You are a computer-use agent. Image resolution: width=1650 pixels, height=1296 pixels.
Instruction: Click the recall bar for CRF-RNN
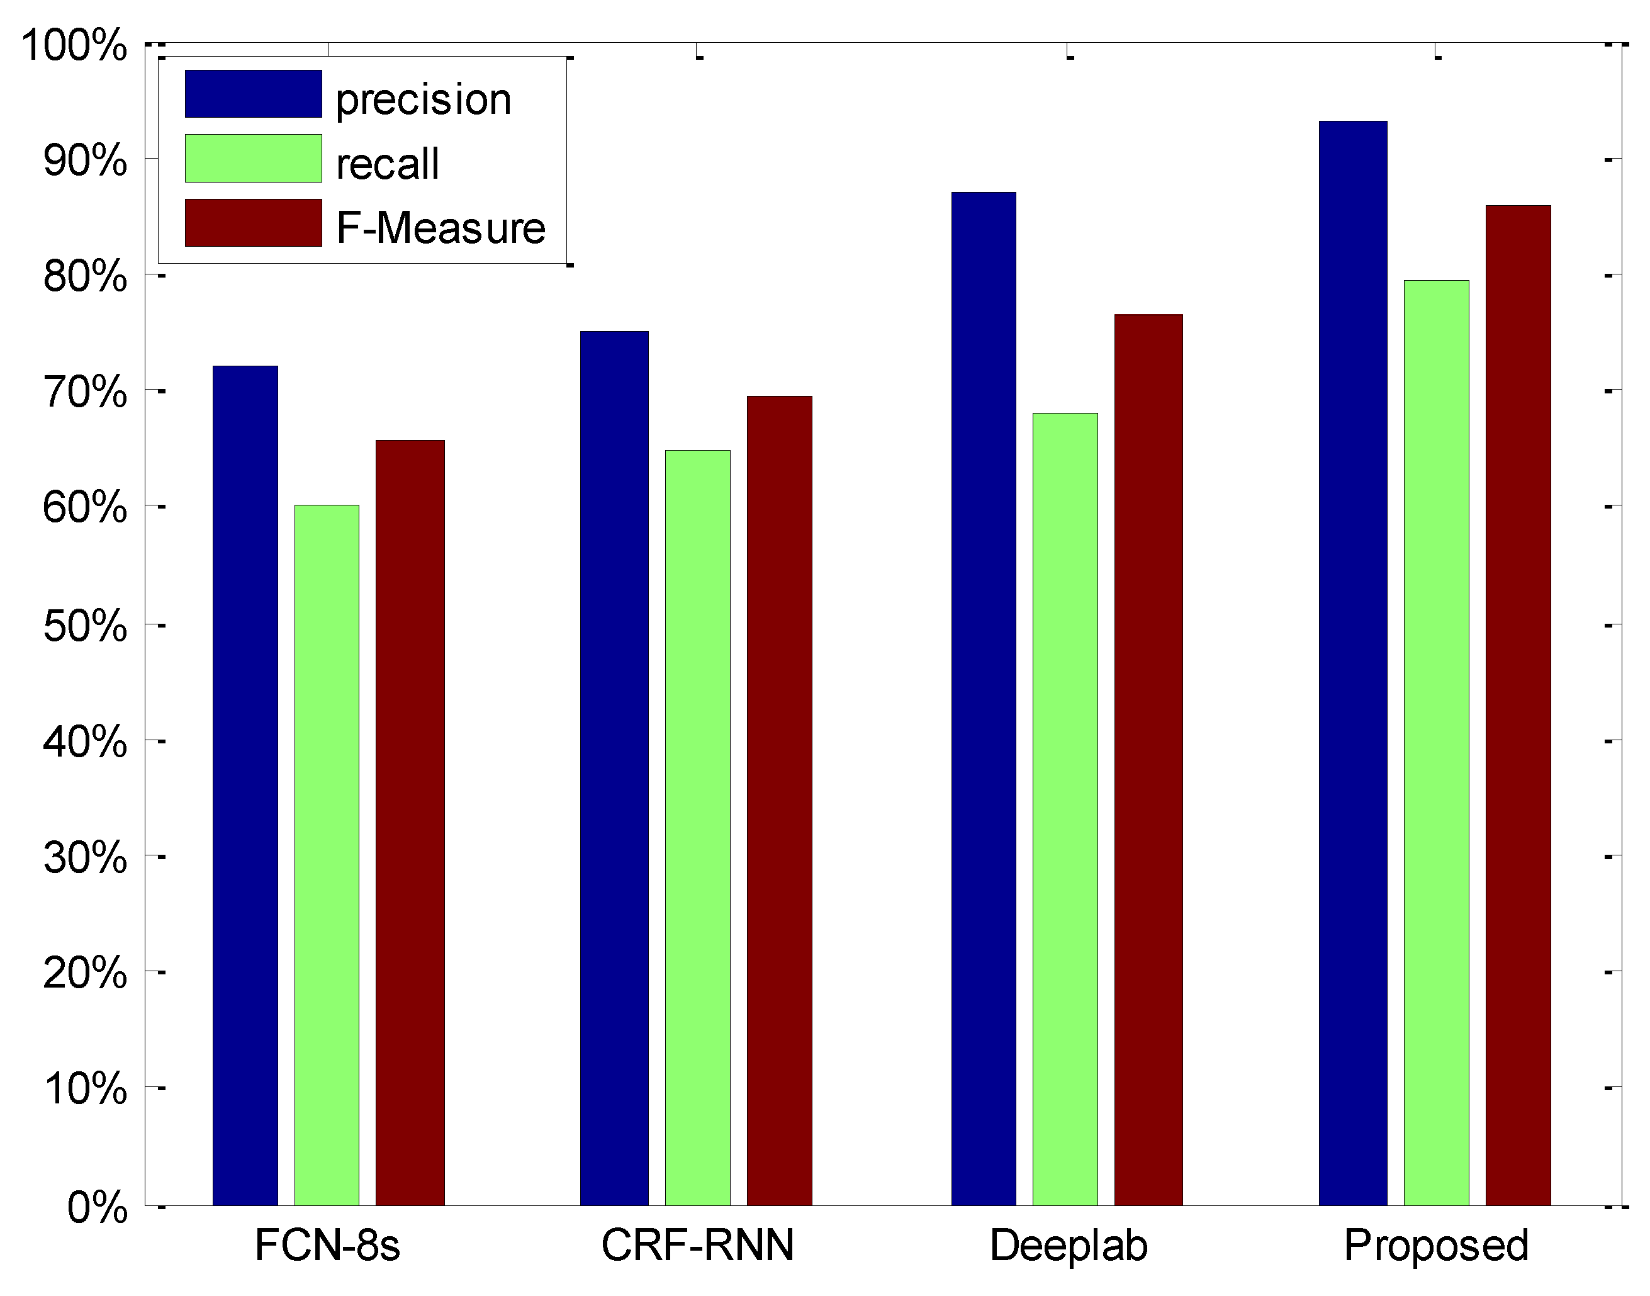pyautogui.click(x=697, y=828)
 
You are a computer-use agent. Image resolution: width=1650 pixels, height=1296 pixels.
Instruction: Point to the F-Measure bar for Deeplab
pyautogui.click(x=1148, y=760)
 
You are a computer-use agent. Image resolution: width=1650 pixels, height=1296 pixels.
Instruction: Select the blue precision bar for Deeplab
pyautogui.click(x=983, y=699)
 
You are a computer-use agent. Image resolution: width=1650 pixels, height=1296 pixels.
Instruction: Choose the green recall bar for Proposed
pyautogui.click(x=1436, y=743)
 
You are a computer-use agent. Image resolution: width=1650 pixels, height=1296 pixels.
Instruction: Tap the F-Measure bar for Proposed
pyautogui.click(x=1518, y=705)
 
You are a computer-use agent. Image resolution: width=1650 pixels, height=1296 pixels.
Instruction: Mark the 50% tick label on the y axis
pyautogui.click(x=85, y=626)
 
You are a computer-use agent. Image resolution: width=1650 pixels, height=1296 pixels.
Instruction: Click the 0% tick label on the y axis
pyautogui.click(x=97, y=1207)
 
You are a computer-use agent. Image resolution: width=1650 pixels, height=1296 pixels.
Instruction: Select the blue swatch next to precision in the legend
pyautogui.click(x=254, y=94)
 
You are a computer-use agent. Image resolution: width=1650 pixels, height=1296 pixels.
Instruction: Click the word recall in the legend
pyautogui.click(x=387, y=164)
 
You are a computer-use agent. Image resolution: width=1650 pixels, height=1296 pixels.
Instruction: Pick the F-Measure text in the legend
pyautogui.click(x=441, y=228)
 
